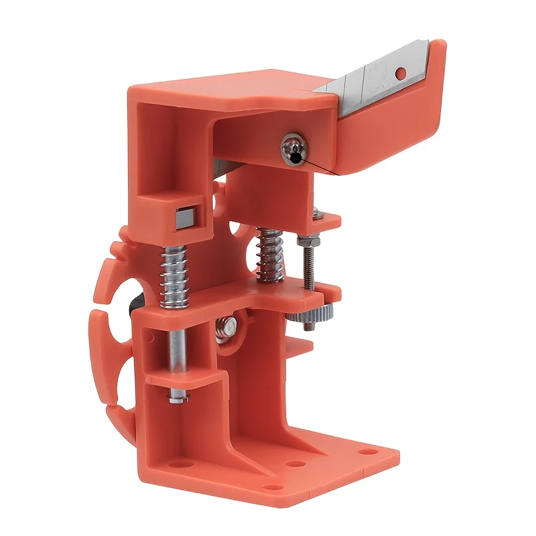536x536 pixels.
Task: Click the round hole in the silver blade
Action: (401, 71)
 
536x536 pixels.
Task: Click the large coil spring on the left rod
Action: (174, 275)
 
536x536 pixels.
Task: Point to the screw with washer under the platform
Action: (228, 326)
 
